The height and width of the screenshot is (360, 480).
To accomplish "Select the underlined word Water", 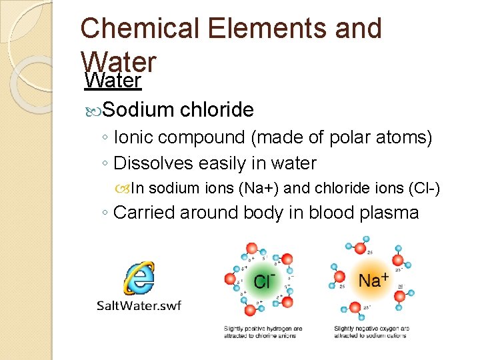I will pyautogui.click(x=113, y=81).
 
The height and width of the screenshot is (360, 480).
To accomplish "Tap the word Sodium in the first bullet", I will pyautogui.click(x=139, y=109).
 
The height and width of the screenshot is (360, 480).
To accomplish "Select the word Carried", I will pyautogui.click(x=145, y=213).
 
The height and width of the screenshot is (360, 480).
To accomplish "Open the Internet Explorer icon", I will pyautogui.click(x=139, y=278).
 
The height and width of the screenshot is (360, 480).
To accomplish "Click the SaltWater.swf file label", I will pyautogui.click(x=139, y=305).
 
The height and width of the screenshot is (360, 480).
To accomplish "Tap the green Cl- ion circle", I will pyautogui.click(x=261, y=281).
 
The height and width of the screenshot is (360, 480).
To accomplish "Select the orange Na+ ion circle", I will pyautogui.click(x=372, y=279).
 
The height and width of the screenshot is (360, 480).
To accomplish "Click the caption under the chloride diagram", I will pyautogui.click(x=263, y=331).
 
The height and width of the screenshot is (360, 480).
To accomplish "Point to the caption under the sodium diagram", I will pyautogui.click(x=372, y=331).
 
